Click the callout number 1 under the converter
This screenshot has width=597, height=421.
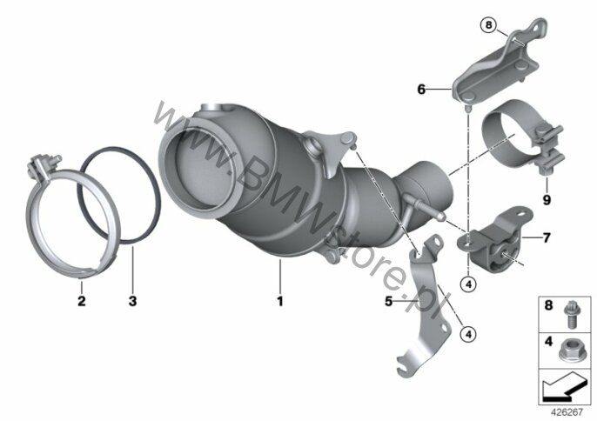point(281,301)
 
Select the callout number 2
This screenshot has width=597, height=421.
point(81,301)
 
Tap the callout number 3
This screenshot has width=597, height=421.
point(132,301)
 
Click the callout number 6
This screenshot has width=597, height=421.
point(422,89)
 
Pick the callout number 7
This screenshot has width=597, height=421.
point(547,237)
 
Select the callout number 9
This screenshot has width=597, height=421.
point(547,198)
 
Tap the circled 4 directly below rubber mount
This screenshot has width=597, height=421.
point(467,282)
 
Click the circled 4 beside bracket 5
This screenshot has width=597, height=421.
point(468,332)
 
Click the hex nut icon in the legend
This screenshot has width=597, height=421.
point(571,349)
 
